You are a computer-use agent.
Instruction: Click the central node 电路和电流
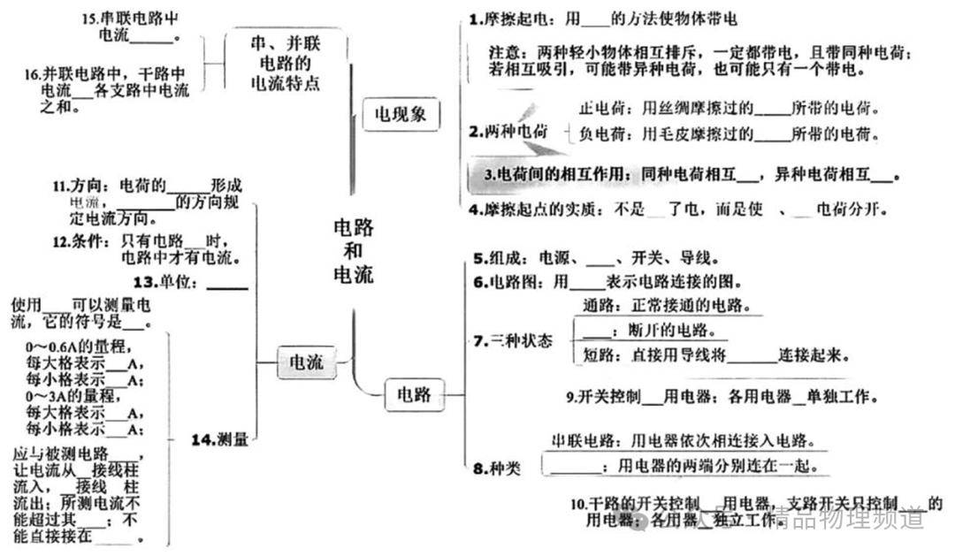[353, 251]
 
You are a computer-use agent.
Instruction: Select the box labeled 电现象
[401, 114]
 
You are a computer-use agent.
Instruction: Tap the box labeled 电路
[414, 394]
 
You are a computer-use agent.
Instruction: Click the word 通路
[599, 306]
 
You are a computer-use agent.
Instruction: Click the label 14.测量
[220, 438]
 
